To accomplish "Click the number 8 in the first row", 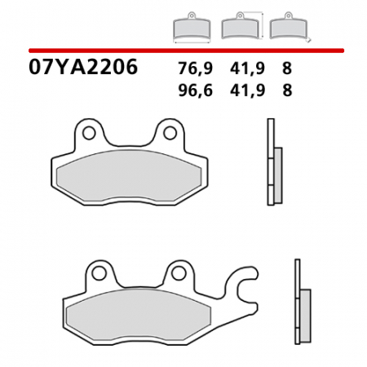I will tap(286, 69).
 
